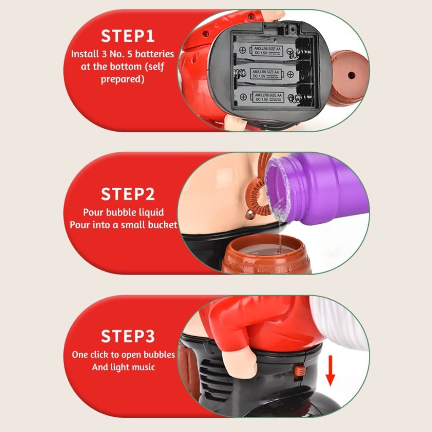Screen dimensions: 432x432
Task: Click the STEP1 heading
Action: (x=127, y=36)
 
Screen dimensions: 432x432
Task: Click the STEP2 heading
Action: (x=127, y=194)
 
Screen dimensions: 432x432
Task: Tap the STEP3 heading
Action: (x=127, y=336)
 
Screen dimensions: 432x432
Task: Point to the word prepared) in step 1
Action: (x=123, y=79)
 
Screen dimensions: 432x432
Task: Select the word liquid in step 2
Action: (x=151, y=213)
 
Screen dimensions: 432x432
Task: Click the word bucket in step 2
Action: (x=163, y=225)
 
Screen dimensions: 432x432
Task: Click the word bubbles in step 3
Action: (x=159, y=354)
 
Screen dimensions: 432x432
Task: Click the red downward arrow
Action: (x=330, y=370)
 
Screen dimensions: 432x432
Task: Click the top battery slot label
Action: (x=267, y=51)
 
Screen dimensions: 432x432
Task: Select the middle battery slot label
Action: (x=266, y=74)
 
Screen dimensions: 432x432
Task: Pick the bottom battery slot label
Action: (x=268, y=97)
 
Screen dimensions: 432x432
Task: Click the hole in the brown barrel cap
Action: (x=351, y=75)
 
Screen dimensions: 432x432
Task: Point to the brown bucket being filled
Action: (x=266, y=255)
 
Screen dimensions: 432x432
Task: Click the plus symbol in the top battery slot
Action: (x=243, y=50)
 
